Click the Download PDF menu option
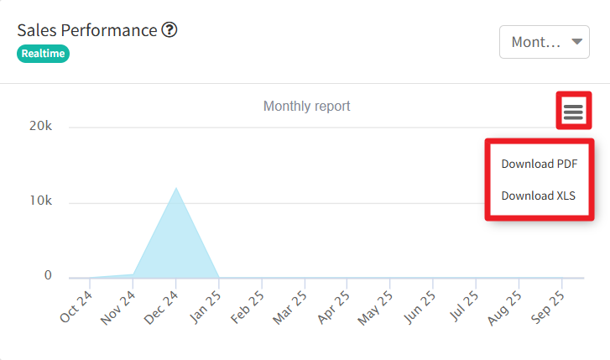(x=539, y=164)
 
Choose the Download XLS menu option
(x=539, y=196)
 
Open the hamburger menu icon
(x=573, y=111)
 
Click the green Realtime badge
(x=43, y=53)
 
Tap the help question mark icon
(x=169, y=30)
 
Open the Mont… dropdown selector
(x=544, y=41)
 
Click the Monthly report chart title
(x=306, y=107)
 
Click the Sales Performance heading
(x=87, y=30)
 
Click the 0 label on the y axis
(x=48, y=276)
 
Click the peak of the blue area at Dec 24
(x=175, y=189)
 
